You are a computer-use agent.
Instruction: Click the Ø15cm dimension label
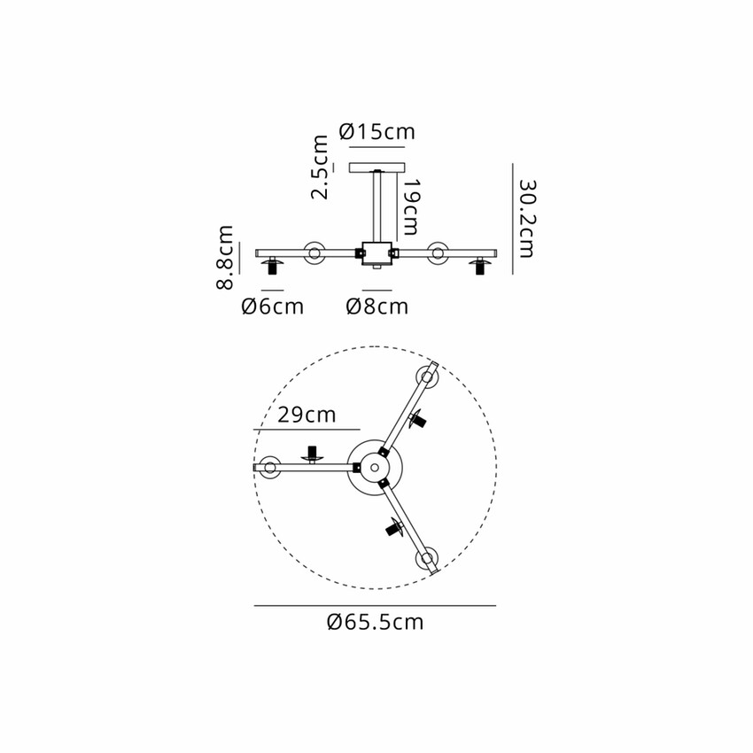[377, 132]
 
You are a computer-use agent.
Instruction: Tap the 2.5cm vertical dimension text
[320, 167]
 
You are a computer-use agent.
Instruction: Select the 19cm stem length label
[410, 207]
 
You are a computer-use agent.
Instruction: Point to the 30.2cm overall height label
[527, 219]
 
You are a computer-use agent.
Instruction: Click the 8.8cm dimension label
[225, 258]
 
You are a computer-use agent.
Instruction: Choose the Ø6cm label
[272, 307]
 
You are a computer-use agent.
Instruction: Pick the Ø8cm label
[377, 307]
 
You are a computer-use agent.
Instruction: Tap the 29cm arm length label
[307, 415]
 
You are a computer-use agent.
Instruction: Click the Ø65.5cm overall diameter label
[375, 622]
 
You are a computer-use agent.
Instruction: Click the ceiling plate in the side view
[377, 167]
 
